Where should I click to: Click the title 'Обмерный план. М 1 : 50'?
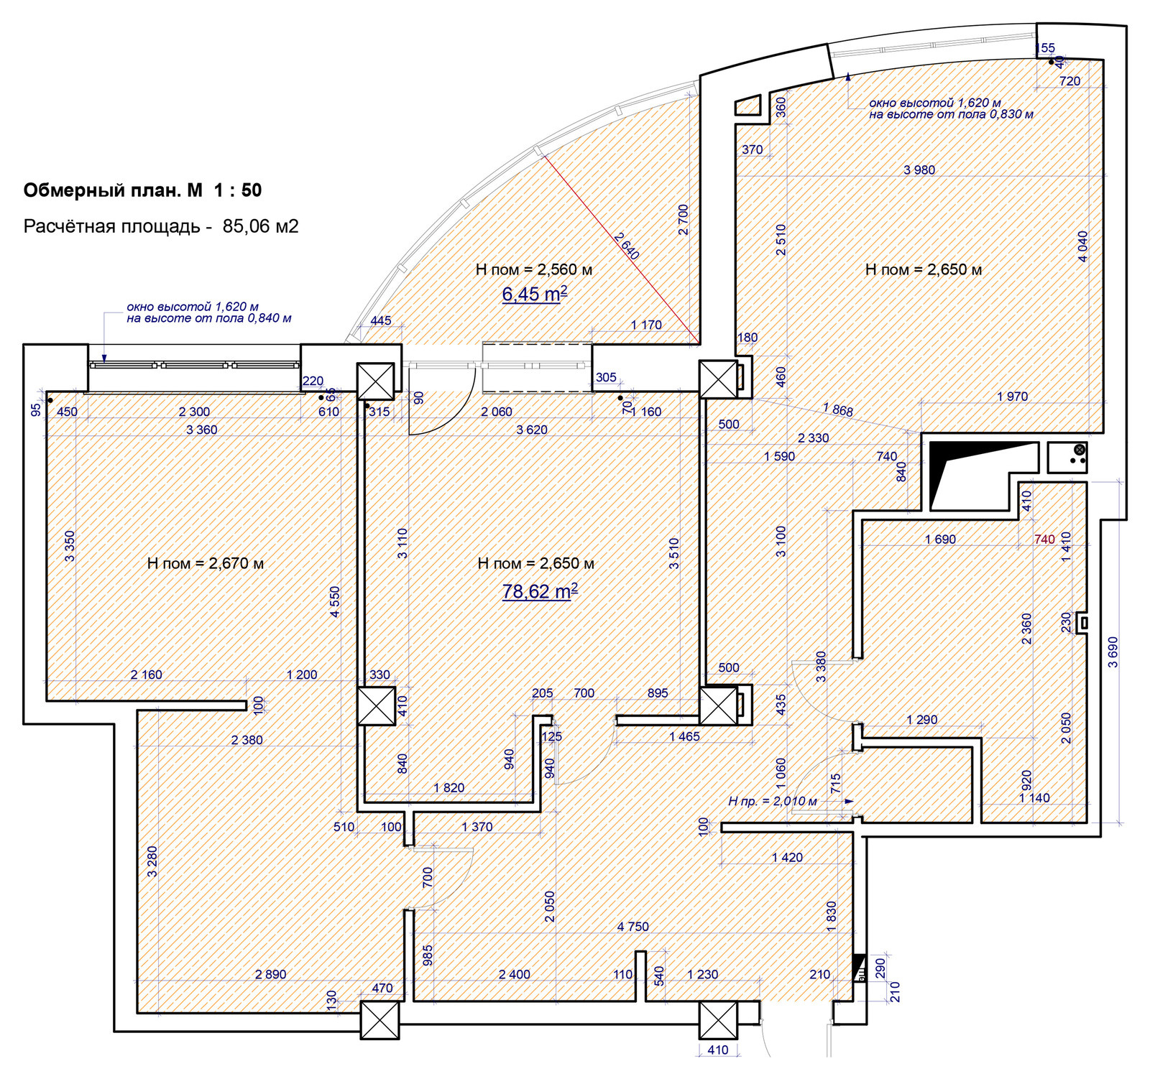click(142, 190)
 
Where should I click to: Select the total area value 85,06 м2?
click(260, 226)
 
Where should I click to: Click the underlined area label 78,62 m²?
click(539, 591)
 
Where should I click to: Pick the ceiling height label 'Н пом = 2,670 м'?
click(206, 563)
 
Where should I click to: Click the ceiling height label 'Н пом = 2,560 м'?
click(534, 269)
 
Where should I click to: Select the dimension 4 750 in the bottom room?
click(632, 927)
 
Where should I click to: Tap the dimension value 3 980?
click(919, 170)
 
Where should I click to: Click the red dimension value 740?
click(1044, 539)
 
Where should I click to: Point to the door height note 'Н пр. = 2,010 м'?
click(772, 801)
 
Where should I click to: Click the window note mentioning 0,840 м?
click(209, 312)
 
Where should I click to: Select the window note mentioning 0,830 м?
click(951, 108)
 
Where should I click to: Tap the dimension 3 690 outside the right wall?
click(1113, 652)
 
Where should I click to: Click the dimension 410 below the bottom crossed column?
click(717, 1050)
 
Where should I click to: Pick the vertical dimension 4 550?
click(334, 602)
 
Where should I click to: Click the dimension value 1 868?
click(838, 409)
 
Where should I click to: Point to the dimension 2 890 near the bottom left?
click(270, 974)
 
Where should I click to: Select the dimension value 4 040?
click(1082, 246)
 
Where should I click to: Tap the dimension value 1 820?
click(448, 787)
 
